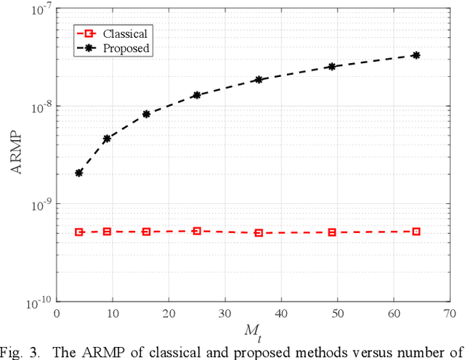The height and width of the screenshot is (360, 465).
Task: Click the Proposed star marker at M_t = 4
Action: tap(78, 173)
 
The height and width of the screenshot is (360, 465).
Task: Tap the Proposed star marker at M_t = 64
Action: tap(416, 55)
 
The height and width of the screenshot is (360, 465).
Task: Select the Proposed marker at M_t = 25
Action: tap(196, 95)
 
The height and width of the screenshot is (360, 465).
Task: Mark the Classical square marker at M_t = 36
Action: tap(258, 233)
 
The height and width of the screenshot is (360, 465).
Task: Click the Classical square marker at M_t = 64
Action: tap(416, 232)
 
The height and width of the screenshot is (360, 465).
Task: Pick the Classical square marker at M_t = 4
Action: tap(78, 232)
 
